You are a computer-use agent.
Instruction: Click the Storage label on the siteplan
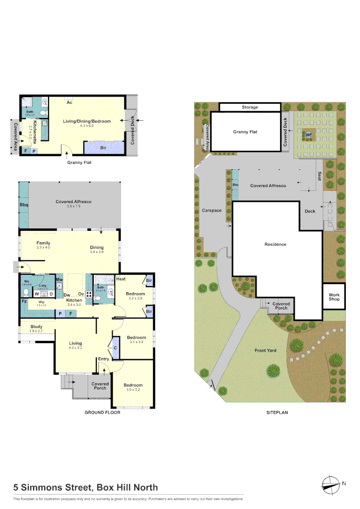[x=250, y=107]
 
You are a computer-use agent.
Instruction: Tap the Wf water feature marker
[x=309, y=135]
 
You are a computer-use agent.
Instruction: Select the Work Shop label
[x=334, y=297]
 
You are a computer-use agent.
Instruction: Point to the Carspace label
[x=212, y=211]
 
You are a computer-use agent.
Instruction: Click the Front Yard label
[x=265, y=351]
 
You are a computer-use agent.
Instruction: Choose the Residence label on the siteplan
[x=275, y=244]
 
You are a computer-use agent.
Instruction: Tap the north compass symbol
[x=331, y=484]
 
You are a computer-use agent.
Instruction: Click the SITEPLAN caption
[x=277, y=412]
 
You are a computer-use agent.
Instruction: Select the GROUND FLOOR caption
[x=102, y=412]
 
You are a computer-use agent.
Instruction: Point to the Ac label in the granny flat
[x=69, y=102]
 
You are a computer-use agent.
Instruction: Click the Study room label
[x=36, y=326]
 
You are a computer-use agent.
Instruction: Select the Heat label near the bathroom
[x=121, y=279]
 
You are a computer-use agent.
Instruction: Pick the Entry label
[x=103, y=359]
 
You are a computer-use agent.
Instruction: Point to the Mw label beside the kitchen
[x=59, y=280]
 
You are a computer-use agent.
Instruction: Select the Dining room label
[x=97, y=247]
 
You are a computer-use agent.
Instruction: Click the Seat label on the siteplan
[x=319, y=176]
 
